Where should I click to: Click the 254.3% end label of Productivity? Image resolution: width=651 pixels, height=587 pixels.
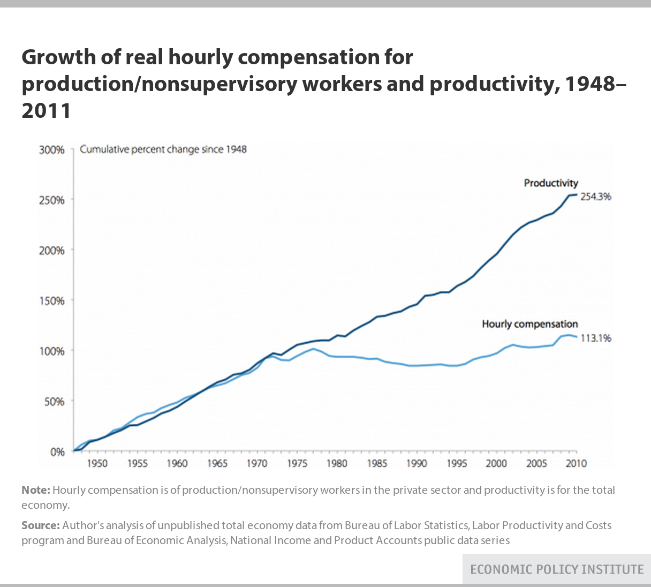click(596, 197)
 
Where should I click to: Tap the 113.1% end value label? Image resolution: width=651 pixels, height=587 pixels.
click(596, 338)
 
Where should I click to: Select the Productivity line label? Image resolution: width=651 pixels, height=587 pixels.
click(551, 183)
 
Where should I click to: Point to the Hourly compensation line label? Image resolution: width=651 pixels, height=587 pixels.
click(530, 324)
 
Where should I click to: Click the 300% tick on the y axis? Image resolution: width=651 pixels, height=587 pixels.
click(52, 150)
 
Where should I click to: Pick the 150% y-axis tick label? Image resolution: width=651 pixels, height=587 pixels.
click(52, 301)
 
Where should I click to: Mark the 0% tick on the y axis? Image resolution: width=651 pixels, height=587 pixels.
click(57, 452)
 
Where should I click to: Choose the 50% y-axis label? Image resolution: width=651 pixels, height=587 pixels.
click(54, 402)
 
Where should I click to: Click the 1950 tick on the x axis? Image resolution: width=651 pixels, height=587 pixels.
click(97, 463)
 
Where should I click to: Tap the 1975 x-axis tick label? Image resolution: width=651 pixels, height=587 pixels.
click(297, 463)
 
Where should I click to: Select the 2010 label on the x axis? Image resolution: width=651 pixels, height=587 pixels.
click(576, 463)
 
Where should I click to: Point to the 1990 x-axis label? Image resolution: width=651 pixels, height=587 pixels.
click(417, 463)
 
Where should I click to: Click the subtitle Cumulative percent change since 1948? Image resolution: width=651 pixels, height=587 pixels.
click(163, 149)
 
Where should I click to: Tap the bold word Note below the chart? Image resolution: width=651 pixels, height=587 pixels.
click(35, 490)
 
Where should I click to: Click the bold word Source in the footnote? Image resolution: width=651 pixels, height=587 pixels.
click(40, 525)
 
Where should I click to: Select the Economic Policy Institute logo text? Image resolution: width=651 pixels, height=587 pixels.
click(557, 569)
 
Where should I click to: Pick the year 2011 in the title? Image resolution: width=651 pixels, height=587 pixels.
click(46, 111)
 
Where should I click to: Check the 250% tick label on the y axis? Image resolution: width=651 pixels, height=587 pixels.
click(52, 200)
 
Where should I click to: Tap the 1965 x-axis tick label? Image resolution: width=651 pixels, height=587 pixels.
click(217, 463)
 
